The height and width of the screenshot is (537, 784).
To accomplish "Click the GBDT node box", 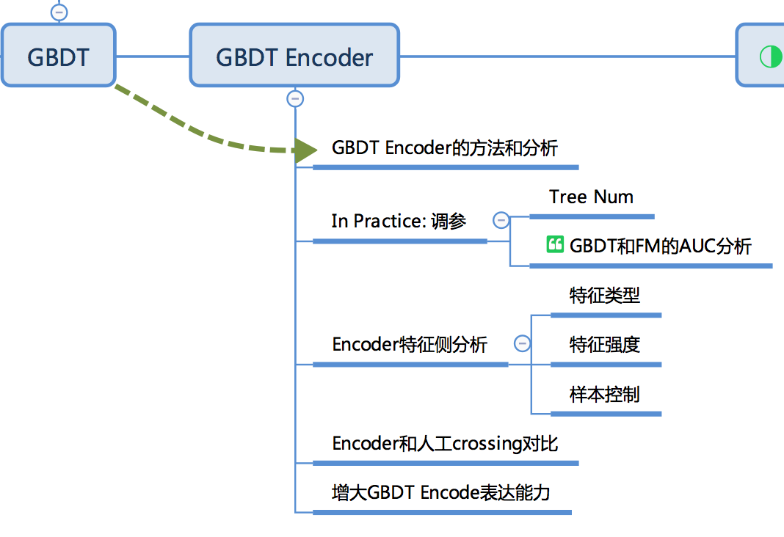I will point(58,56).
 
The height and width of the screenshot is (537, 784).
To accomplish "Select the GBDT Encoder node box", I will point(294,56).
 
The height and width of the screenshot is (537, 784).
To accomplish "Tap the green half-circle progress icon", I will point(770,56).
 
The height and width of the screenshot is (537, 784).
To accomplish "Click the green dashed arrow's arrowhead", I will point(305,150).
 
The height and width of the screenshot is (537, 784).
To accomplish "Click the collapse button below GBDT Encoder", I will point(295,98).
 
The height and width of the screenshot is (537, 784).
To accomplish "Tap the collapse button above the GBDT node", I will point(59,12).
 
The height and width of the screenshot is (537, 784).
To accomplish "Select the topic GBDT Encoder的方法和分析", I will point(445,148).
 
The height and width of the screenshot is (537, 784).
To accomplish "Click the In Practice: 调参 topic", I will point(399,221).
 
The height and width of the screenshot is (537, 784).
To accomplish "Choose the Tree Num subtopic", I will point(591,197).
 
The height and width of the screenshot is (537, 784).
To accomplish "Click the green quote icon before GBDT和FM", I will point(555,245).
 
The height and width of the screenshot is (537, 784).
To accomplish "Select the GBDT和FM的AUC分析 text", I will point(660,246).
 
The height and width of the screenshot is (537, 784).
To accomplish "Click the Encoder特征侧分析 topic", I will point(410,344).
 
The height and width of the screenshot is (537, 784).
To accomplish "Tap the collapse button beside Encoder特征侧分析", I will point(522,343).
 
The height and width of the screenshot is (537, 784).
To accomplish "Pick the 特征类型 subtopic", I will point(605,295).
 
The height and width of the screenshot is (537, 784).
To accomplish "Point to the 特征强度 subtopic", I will point(605,344).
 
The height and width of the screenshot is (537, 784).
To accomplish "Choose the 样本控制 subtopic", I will point(605,394).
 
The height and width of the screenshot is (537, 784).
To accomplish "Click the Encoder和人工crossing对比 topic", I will point(445,443).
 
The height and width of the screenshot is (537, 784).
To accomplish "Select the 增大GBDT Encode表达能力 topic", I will point(441,492).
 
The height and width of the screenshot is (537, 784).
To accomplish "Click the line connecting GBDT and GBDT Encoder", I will point(153,56).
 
